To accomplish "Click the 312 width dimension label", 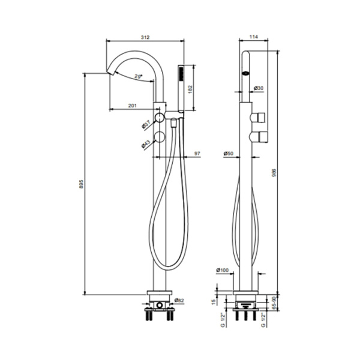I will [145, 37].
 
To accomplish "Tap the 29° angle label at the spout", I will [138, 76].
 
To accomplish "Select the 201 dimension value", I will [133, 106].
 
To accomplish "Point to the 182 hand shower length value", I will [190, 89].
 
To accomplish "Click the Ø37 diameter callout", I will [146, 125].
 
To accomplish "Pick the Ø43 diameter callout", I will [146, 144].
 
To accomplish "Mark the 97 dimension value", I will [197, 154].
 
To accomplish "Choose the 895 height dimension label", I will [82, 183].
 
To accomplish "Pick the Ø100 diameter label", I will [224, 269].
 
